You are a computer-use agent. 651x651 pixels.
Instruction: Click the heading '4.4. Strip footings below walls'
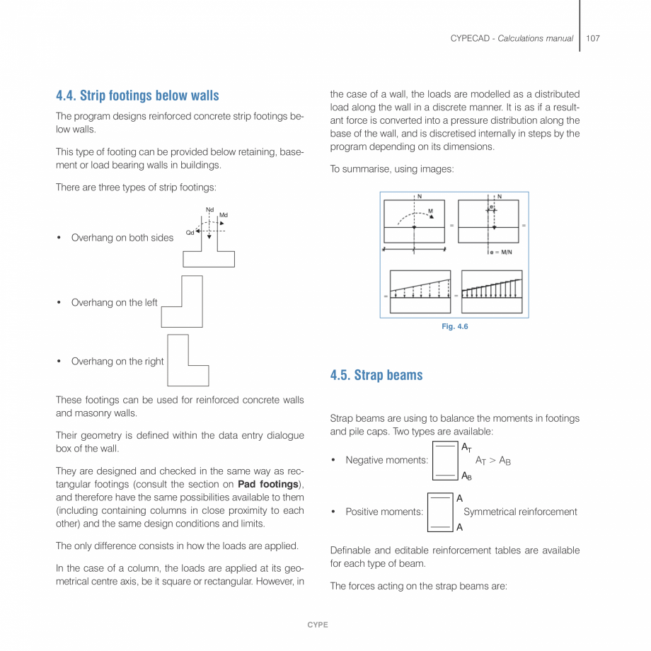(x=137, y=96)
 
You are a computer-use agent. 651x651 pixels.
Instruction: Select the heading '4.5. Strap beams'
(x=376, y=375)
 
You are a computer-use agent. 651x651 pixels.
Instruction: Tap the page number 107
(x=593, y=38)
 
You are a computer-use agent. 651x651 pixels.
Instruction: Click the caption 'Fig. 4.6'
(x=454, y=326)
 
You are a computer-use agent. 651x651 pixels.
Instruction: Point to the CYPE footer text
(x=317, y=625)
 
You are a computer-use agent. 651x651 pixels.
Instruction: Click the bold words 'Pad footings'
(x=268, y=484)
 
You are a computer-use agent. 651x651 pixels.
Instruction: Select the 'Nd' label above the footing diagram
(x=209, y=209)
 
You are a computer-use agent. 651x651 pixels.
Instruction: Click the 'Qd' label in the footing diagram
(x=190, y=232)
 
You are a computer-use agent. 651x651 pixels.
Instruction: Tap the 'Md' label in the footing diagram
(x=224, y=214)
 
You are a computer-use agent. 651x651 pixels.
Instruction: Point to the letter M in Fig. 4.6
(x=430, y=210)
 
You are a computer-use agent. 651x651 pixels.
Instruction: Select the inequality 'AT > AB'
(x=492, y=461)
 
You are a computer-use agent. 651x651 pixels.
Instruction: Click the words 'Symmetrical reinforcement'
(x=520, y=512)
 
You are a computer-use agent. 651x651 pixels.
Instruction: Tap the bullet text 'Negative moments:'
(x=386, y=461)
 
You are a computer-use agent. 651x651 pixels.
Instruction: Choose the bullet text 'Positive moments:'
(x=384, y=512)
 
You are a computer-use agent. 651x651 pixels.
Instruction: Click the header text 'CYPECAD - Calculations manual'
(x=512, y=38)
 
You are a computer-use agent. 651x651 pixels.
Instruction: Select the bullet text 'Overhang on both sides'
(x=122, y=238)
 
